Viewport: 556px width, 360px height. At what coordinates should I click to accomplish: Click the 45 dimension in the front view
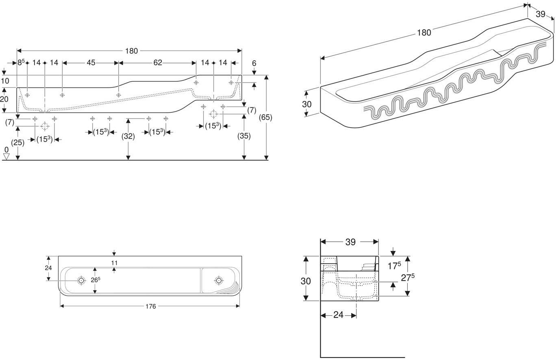tap(91, 63)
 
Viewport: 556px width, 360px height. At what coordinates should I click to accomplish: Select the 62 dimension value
tap(158, 63)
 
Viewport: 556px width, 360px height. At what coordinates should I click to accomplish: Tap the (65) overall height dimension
tap(265, 117)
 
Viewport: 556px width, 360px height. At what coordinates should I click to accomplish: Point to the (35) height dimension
tap(244, 136)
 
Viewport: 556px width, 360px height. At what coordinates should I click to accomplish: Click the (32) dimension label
tap(128, 136)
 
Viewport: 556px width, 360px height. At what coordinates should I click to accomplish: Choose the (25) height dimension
tap(17, 143)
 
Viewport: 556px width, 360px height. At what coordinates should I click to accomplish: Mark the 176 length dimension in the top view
tap(151, 306)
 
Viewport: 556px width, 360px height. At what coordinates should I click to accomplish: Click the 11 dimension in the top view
tap(114, 263)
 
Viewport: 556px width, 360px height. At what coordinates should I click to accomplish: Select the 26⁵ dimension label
tap(96, 280)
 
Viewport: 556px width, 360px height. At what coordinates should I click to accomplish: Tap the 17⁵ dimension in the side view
tap(394, 266)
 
